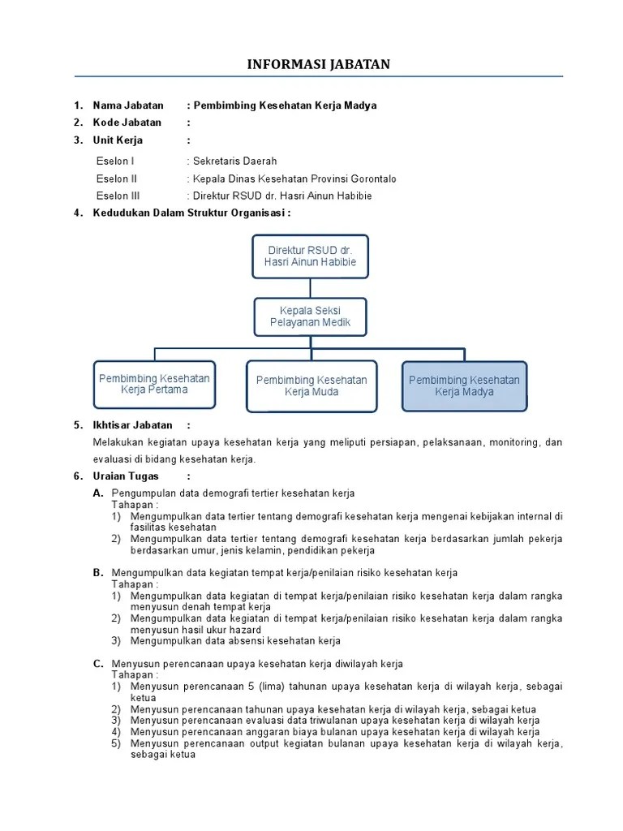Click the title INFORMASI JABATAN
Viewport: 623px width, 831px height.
[319, 64]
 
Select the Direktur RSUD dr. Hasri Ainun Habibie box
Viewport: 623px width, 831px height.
[309, 256]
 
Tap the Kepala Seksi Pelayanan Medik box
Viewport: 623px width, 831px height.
[309, 317]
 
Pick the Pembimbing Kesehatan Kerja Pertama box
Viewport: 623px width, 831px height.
[154, 384]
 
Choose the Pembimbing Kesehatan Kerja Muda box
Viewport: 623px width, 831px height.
[311, 386]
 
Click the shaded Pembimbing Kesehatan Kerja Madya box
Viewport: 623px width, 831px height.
[464, 385]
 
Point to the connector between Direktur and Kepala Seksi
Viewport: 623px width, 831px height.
[309, 287]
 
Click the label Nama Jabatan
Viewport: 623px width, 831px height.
[128, 105]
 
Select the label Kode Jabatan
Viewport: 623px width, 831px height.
[127, 123]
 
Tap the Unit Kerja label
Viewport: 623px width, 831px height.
[118, 140]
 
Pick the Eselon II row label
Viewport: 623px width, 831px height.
[117, 179]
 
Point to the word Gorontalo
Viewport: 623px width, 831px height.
[370, 179]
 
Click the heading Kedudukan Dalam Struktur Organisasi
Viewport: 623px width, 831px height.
[191, 213]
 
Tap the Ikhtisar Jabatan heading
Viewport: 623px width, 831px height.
[133, 424]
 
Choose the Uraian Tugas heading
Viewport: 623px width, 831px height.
[127, 476]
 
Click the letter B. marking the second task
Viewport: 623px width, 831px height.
[98, 572]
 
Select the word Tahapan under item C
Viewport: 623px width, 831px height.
[135, 674]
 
